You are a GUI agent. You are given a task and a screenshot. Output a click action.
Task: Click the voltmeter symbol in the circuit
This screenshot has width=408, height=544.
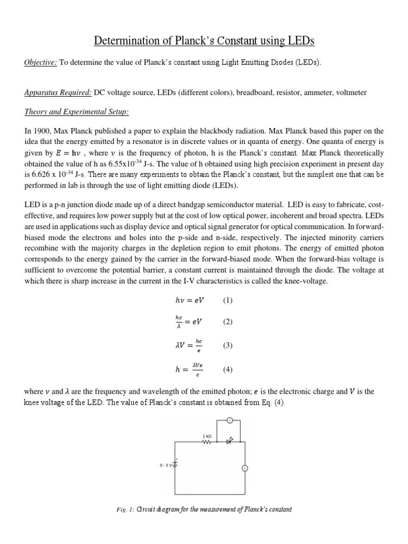pos(229,421)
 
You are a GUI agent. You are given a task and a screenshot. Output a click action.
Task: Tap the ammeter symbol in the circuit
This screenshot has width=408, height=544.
pos(245,468)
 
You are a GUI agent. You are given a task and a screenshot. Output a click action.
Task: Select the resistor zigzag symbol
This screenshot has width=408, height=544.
pos(207,442)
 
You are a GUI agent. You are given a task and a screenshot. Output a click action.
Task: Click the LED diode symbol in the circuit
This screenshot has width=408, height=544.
pos(229,441)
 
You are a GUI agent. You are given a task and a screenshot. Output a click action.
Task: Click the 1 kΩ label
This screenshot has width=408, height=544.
pos(207,436)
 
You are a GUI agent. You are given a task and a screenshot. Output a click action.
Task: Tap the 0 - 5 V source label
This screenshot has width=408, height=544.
pos(166,465)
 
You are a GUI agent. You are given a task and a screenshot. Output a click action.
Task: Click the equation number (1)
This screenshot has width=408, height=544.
pos(228,300)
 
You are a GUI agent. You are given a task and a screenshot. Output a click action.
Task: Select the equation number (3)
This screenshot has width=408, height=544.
pos(228,345)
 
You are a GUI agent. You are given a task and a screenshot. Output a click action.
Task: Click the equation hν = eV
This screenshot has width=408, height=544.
pos(189,300)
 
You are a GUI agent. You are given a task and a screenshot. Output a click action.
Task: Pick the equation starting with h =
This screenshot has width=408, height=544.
pos(189,370)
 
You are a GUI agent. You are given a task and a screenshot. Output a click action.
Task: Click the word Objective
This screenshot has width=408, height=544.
pos(41,62)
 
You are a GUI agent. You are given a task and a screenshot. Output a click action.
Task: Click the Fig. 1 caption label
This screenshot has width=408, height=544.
pos(124,509)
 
